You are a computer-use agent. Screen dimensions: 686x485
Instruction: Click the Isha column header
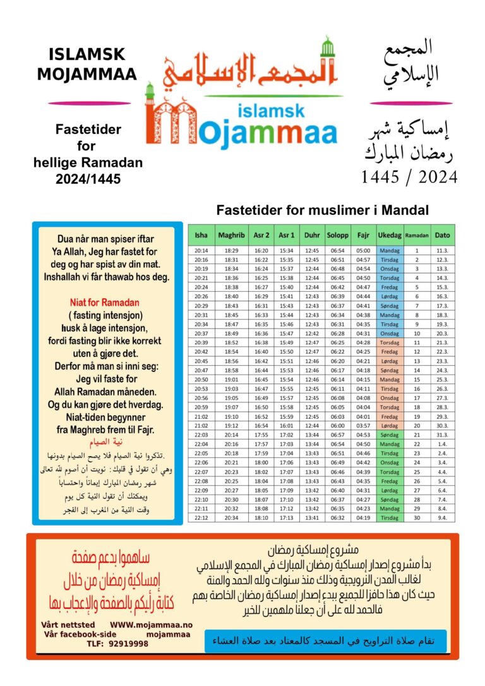[x=201, y=235]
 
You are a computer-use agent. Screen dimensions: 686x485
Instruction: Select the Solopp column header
[x=337, y=235]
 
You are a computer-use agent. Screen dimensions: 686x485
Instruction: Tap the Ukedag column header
[x=390, y=235]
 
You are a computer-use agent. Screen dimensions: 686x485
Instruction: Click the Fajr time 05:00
[x=363, y=250]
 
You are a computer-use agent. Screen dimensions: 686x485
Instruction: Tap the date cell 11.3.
[x=442, y=250]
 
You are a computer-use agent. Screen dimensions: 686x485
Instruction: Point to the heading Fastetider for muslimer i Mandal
[x=322, y=210]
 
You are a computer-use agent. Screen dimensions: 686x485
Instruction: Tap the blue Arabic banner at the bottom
[x=325, y=641]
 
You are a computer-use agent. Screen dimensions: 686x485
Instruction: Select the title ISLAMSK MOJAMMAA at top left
[x=87, y=64]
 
